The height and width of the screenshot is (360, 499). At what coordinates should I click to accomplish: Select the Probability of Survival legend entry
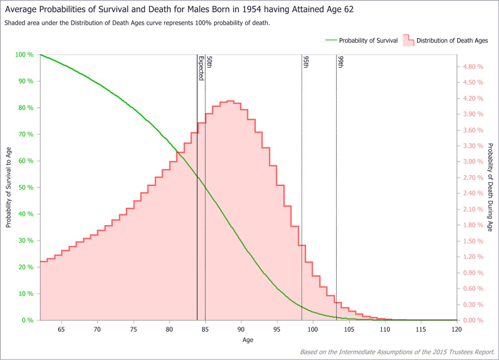click(x=368, y=41)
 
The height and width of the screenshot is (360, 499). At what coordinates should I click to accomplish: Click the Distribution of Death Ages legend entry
click(x=452, y=41)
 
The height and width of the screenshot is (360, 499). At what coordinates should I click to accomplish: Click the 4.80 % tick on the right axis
click(x=472, y=67)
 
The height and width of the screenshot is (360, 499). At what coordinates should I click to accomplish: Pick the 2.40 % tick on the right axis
click(x=472, y=194)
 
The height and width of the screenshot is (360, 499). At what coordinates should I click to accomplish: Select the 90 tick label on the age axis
click(x=241, y=330)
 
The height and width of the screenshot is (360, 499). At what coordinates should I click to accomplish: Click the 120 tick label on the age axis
click(x=456, y=330)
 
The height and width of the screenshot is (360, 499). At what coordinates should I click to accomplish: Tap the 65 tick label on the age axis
click(x=61, y=330)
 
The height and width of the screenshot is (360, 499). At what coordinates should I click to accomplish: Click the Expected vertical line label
click(x=201, y=68)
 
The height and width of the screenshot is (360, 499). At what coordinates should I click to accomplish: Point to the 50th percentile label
click(x=209, y=62)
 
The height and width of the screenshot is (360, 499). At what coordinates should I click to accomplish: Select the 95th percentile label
click(x=305, y=62)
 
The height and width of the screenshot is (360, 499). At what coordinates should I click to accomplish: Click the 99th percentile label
click(x=340, y=62)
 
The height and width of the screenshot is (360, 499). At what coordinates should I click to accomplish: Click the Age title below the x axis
click(x=247, y=340)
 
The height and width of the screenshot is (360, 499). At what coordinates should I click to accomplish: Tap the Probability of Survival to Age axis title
click(x=9, y=187)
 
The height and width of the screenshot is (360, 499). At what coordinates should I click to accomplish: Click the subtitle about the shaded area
click(x=137, y=23)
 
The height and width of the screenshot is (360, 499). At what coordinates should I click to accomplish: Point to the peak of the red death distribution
click(x=230, y=101)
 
